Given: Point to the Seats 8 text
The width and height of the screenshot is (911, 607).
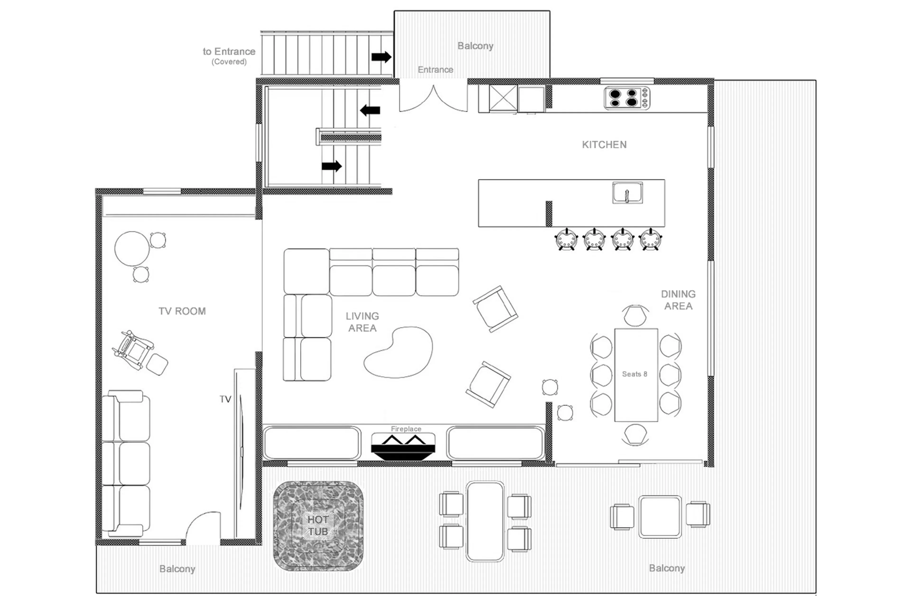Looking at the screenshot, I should [x=634, y=374].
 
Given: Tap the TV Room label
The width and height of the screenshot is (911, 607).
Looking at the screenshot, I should [x=182, y=311].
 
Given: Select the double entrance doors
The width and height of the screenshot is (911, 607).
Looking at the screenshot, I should [x=433, y=99].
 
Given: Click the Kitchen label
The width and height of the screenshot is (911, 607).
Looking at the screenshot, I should [x=604, y=145].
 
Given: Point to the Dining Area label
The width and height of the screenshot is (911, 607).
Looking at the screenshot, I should [x=678, y=300].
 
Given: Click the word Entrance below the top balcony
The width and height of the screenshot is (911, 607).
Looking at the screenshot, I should [x=435, y=70].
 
